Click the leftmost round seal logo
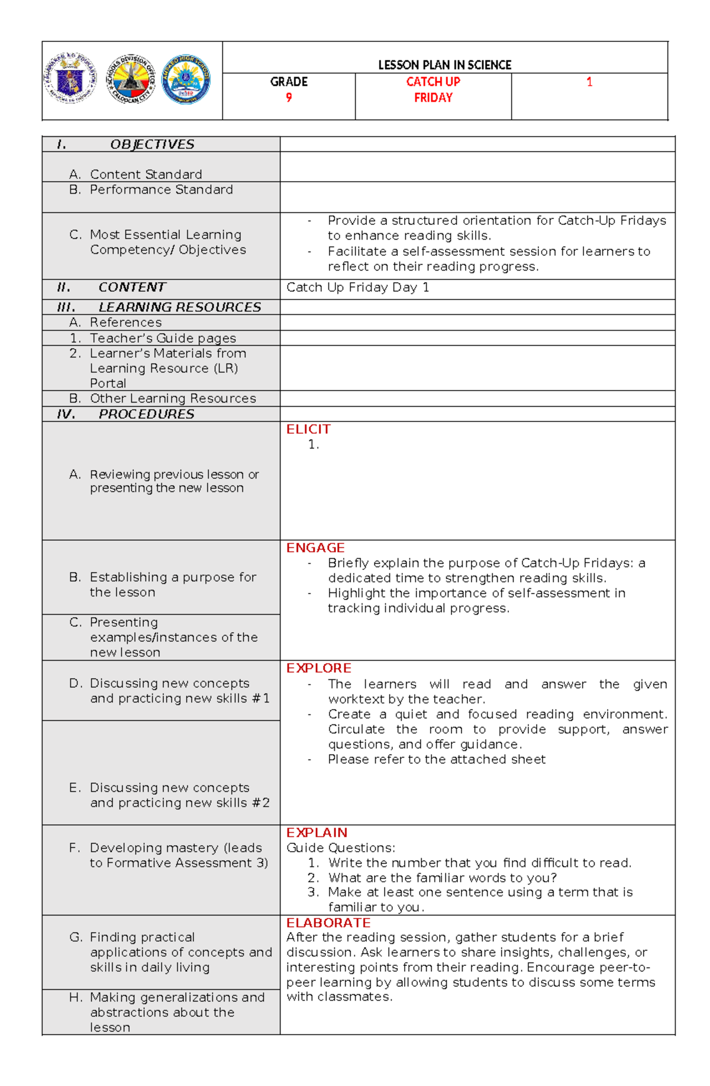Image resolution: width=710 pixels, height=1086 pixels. [70, 79]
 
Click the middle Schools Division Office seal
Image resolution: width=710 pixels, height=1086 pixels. [130, 80]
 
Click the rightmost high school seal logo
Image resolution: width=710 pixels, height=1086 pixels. [186, 80]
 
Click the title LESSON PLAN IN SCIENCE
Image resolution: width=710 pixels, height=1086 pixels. [444, 65]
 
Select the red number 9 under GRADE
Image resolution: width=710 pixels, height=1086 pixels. [289, 98]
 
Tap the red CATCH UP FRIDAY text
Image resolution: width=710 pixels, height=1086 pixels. [433, 90]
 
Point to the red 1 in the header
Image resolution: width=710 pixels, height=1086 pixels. [589, 82]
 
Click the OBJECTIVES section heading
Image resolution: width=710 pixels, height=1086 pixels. [152, 144]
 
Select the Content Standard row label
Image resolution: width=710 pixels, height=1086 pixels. [146, 175]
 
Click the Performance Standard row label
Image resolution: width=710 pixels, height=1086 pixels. [161, 189]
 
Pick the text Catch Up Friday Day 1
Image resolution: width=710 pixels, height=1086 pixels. [358, 288]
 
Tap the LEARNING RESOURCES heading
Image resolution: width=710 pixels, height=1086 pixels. [179, 307]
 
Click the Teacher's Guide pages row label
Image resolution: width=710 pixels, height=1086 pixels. [163, 338]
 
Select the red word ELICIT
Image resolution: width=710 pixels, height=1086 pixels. [308, 429]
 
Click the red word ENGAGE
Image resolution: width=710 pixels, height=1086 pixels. [315, 548]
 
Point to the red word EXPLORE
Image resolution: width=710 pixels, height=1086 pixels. [318, 668]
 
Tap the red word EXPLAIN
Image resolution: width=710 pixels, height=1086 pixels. [317, 833]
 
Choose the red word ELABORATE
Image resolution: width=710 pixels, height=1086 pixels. [328, 923]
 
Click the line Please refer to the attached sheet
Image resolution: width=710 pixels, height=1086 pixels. [437, 759]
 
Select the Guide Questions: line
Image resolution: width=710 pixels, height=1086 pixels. [341, 847]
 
